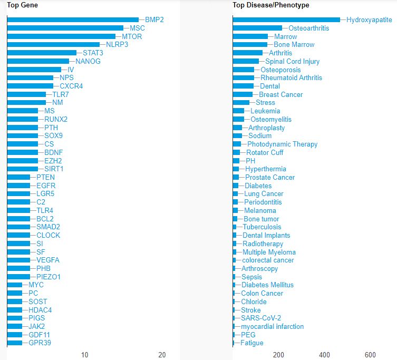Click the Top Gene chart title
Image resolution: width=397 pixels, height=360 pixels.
pyautogui.click(x=22, y=5)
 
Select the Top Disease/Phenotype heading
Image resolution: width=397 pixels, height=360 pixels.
pyautogui.click(x=270, y=5)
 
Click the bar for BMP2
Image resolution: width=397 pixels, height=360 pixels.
pyautogui.click(x=73, y=20)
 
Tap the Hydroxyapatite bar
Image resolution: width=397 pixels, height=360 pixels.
pyautogui.click(x=286, y=20)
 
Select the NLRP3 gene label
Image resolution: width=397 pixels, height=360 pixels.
pyautogui.click(x=117, y=45)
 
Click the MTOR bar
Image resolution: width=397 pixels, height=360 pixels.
pyautogui.click(x=61, y=36)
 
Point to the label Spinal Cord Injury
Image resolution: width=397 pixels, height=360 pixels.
pyautogui.click(x=292, y=61)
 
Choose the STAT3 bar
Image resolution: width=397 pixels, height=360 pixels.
pyautogui.click(x=42, y=53)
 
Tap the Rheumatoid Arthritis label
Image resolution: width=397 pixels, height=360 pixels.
pyautogui.click(x=291, y=78)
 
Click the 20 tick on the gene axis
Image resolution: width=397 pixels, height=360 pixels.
pyautogui.click(x=162, y=355)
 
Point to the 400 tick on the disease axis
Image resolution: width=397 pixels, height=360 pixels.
pyautogui.click(x=325, y=355)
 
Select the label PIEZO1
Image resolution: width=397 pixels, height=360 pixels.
pyautogui.click(x=49, y=277)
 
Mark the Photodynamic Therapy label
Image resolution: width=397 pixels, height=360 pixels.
pyautogui.click(x=282, y=144)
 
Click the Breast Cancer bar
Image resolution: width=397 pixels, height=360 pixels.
pyautogui.click(x=243, y=94)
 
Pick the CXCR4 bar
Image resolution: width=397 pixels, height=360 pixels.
pyautogui.click(x=30, y=86)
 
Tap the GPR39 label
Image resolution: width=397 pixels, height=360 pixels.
pyautogui.click(x=40, y=343)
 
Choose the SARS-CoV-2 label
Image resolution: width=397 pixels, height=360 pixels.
pyautogui.click(x=261, y=318)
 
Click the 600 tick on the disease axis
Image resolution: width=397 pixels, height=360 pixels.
pyautogui.click(x=371, y=355)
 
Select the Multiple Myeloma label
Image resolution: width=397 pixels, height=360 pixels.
pyautogui.click(x=269, y=252)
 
